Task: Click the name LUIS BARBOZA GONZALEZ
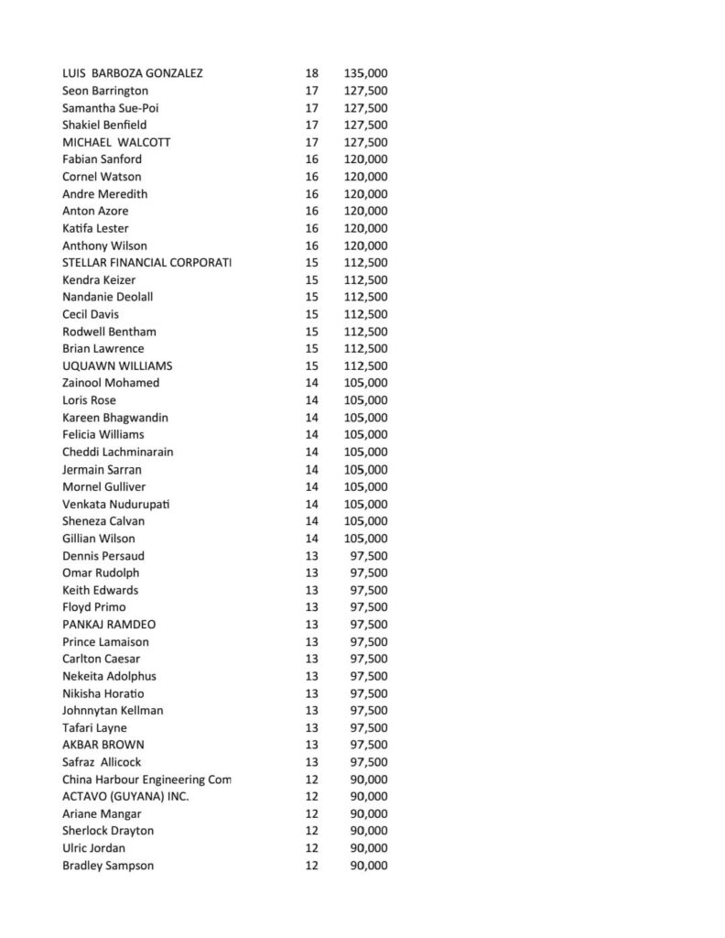[132, 73]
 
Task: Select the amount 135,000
[365, 73]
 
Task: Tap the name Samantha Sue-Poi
[104, 107]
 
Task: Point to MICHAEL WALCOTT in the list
[116, 142]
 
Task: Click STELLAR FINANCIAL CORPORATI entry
[146, 263]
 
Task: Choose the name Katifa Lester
[95, 228]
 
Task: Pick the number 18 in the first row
[311, 73]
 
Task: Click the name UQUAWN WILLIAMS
[117, 365]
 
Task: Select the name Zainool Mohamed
[111, 383]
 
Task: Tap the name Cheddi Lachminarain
[118, 452]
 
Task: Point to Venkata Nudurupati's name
[116, 504]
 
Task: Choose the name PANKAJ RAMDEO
[109, 625]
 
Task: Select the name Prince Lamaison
[105, 642]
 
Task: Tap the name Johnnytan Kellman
[113, 711]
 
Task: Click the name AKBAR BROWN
[103, 745]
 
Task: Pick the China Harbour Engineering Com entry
[146, 780]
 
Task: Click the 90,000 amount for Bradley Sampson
[369, 866]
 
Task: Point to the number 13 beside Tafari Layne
[311, 728]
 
